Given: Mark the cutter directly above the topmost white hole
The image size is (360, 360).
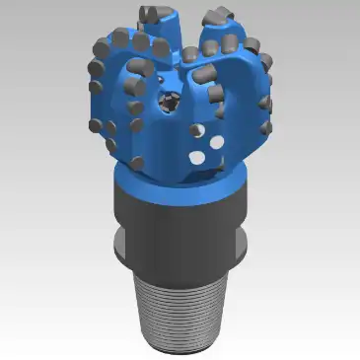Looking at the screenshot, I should coord(211,100).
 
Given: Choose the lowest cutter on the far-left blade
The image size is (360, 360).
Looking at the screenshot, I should coord(111,148).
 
